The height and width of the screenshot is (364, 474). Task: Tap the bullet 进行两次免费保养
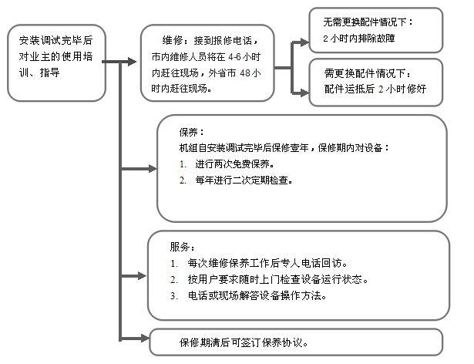[x=229, y=164]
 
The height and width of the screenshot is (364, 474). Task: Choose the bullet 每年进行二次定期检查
[x=238, y=180]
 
